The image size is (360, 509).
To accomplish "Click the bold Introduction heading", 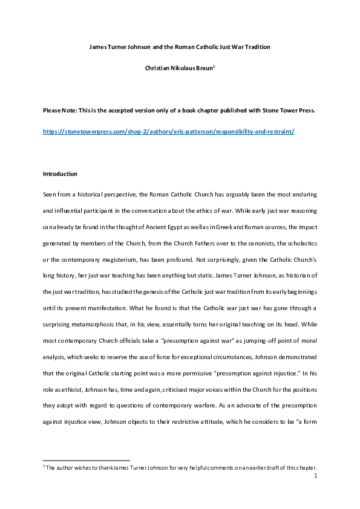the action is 60,174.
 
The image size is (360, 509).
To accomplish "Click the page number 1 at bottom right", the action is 316,476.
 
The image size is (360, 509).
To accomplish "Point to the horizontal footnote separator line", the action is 86,460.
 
